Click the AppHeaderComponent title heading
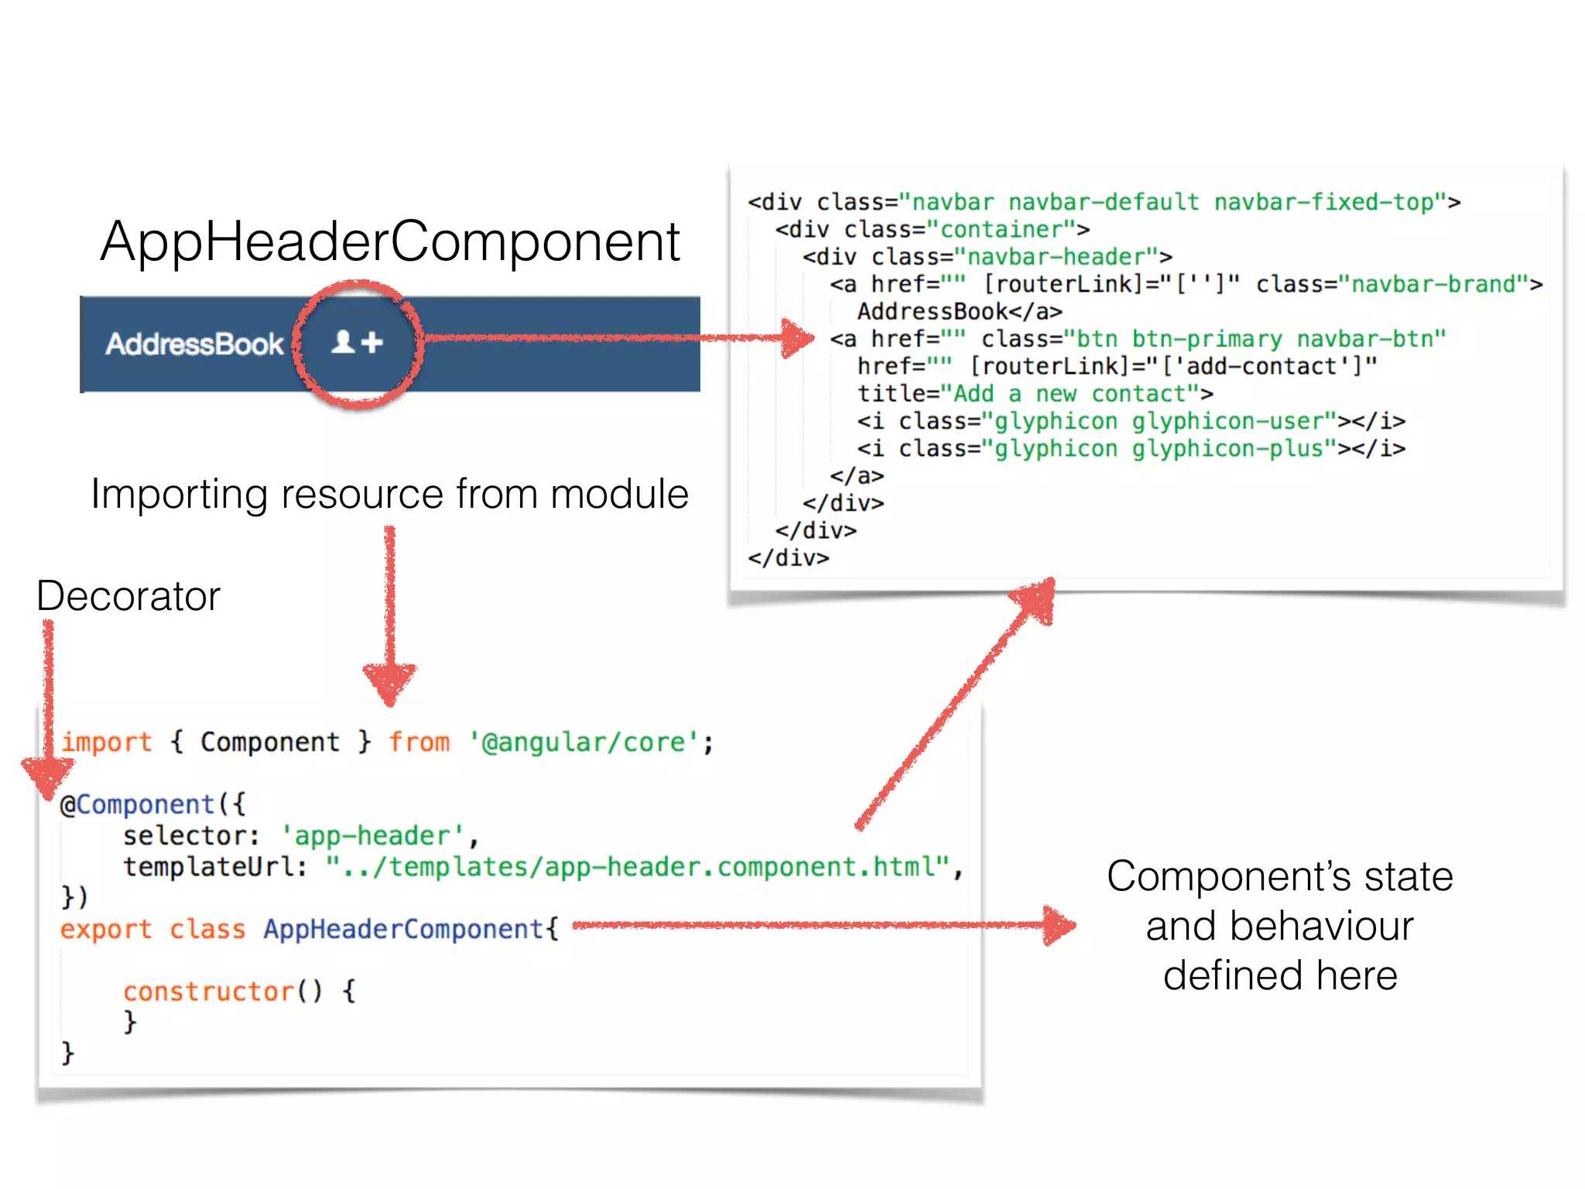click(x=390, y=242)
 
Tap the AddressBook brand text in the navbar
click(x=195, y=344)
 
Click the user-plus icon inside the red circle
click(x=358, y=341)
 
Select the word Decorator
click(x=128, y=596)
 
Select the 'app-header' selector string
click(x=372, y=836)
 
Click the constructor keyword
click(x=208, y=992)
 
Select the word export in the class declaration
click(x=106, y=929)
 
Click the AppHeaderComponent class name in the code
click(x=403, y=929)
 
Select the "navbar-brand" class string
click(x=1433, y=284)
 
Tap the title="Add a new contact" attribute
click(x=1035, y=393)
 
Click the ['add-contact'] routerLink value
click(x=1269, y=366)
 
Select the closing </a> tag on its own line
click(x=856, y=475)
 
